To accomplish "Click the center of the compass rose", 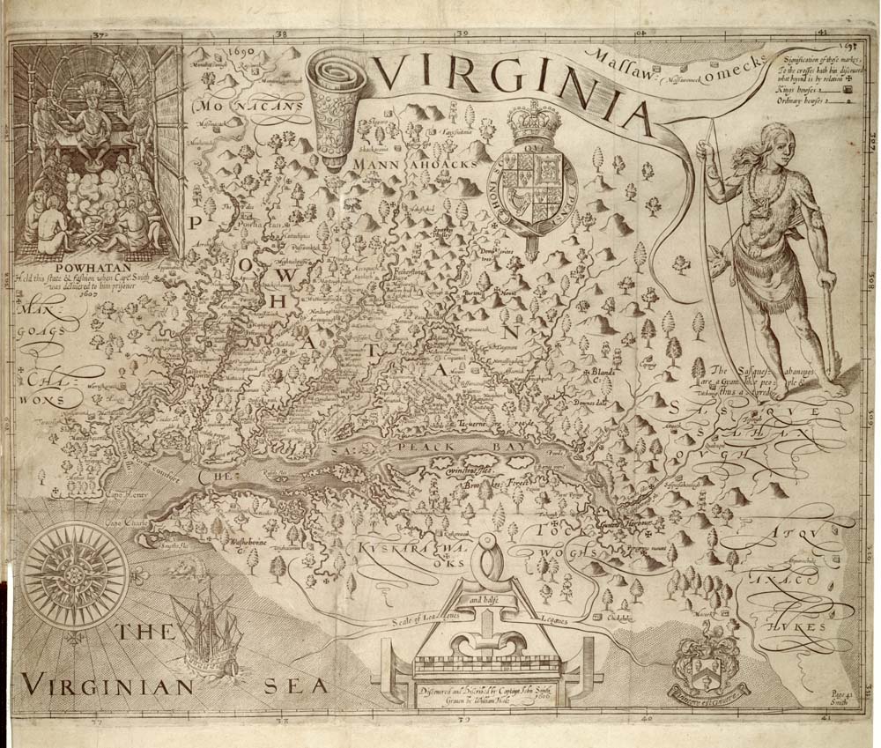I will pos(63,574).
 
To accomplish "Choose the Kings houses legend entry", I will pos(807,90).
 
